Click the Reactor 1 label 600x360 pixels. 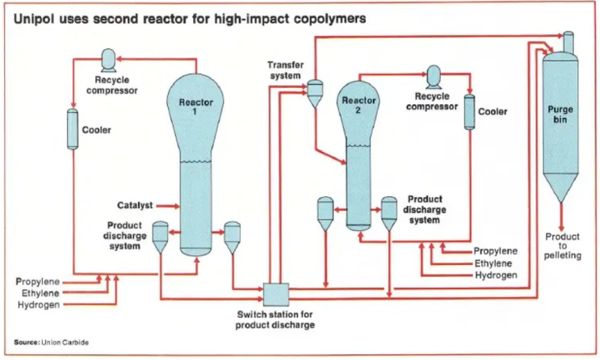coord(195,107)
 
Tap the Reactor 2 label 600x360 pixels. coord(359,105)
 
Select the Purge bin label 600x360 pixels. coord(560,115)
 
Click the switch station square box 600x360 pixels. coord(276,295)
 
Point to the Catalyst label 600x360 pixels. coord(135,206)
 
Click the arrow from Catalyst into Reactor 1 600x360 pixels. coord(168,206)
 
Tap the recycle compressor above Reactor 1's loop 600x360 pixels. coord(109,60)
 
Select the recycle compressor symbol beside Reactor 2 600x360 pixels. coord(434,77)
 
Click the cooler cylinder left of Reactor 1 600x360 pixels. coord(73,129)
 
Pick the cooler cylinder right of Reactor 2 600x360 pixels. coord(469,112)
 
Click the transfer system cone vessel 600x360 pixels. coord(315,94)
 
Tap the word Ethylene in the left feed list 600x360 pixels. coord(40,294)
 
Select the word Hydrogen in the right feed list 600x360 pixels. coord(496,275)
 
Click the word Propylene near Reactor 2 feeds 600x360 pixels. coord(496,251)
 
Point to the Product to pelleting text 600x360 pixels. coord(563,246)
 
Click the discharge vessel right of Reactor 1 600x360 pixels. coord(233,237)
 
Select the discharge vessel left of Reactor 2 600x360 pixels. coord(325,214)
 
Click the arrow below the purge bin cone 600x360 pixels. coord(561,217)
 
